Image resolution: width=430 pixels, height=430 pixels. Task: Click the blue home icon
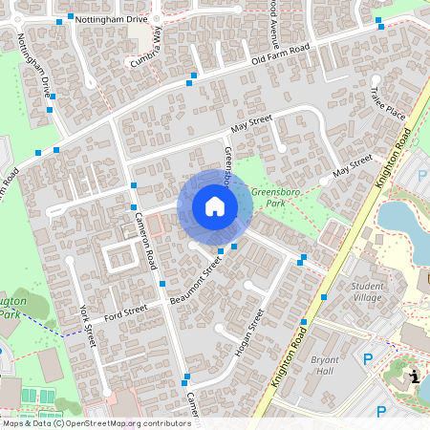coord(214,206)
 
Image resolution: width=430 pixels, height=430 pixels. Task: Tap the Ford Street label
coord(126,311)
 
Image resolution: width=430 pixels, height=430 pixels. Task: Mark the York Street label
coord(88,326)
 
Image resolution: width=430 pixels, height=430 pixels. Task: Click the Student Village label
coord(368,291)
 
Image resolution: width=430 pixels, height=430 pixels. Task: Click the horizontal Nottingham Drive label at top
coord(112,18)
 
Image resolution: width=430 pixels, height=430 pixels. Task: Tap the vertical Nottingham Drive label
coord(35,66)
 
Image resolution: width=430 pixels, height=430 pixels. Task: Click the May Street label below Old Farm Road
coord(252,124)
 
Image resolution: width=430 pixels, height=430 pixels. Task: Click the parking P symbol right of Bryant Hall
coord(368,359)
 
